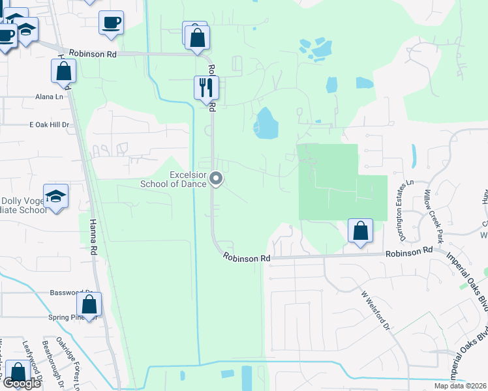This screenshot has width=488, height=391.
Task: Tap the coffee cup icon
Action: [x=111, y=22]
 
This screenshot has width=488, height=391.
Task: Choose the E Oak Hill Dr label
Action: [x=50, y=124]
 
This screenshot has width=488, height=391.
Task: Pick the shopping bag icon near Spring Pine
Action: [x=89, y=304]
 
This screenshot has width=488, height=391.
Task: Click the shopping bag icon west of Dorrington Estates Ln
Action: [x=360, y=230]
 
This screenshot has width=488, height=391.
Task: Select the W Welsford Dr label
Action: [x=375, y=309]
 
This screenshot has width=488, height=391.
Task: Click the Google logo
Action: [x=22, y=383]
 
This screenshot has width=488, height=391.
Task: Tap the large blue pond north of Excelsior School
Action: [x=265, y=123]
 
